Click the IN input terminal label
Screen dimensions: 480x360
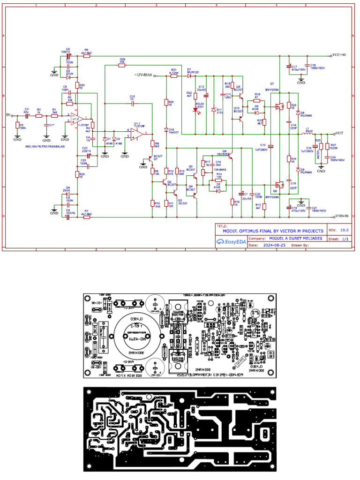[7, 114]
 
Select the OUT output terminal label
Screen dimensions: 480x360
[339, 133]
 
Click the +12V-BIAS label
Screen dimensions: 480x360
[143, 75]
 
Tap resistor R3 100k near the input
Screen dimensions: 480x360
[17, 126]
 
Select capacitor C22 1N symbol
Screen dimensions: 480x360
[132, 103]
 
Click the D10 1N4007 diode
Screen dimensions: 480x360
[166, 129]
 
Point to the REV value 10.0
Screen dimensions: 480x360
[345, 231]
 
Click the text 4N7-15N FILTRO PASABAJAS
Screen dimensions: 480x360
[45, 146]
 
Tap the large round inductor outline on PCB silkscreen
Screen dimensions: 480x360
[134, 334]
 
